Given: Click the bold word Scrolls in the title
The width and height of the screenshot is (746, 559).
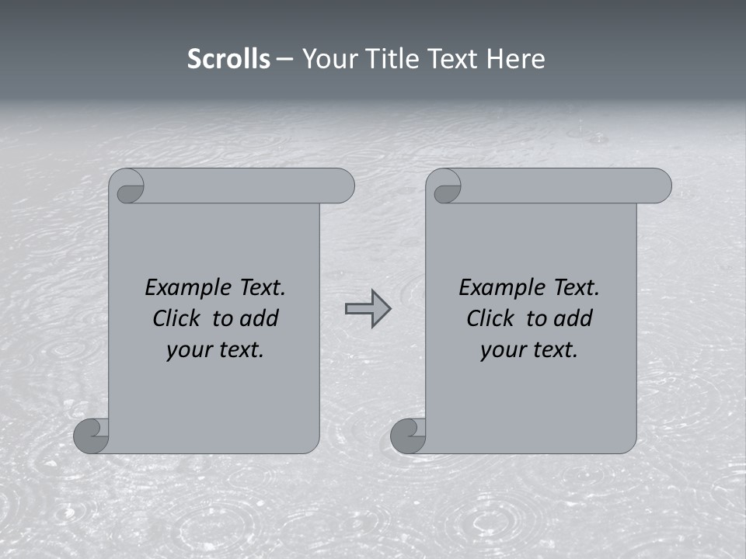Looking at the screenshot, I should coord(228,59).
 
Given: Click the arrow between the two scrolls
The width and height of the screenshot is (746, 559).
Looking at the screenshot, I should coord(368,309).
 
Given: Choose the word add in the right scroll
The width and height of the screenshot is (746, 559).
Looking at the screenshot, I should coord(574,318).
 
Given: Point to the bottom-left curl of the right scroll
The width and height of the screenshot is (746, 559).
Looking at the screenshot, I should coord(409,436).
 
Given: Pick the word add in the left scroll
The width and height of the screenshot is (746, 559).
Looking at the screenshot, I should coord(260,318).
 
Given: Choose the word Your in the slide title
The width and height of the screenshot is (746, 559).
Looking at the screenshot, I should coord(326,59).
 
